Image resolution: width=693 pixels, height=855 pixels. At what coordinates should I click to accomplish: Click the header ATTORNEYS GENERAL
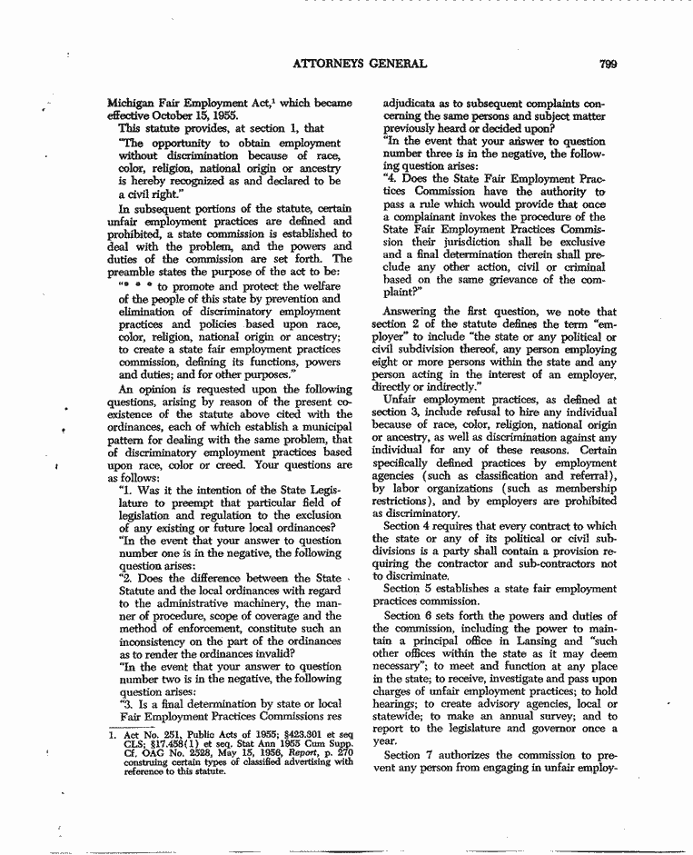(x=360, y=64)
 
